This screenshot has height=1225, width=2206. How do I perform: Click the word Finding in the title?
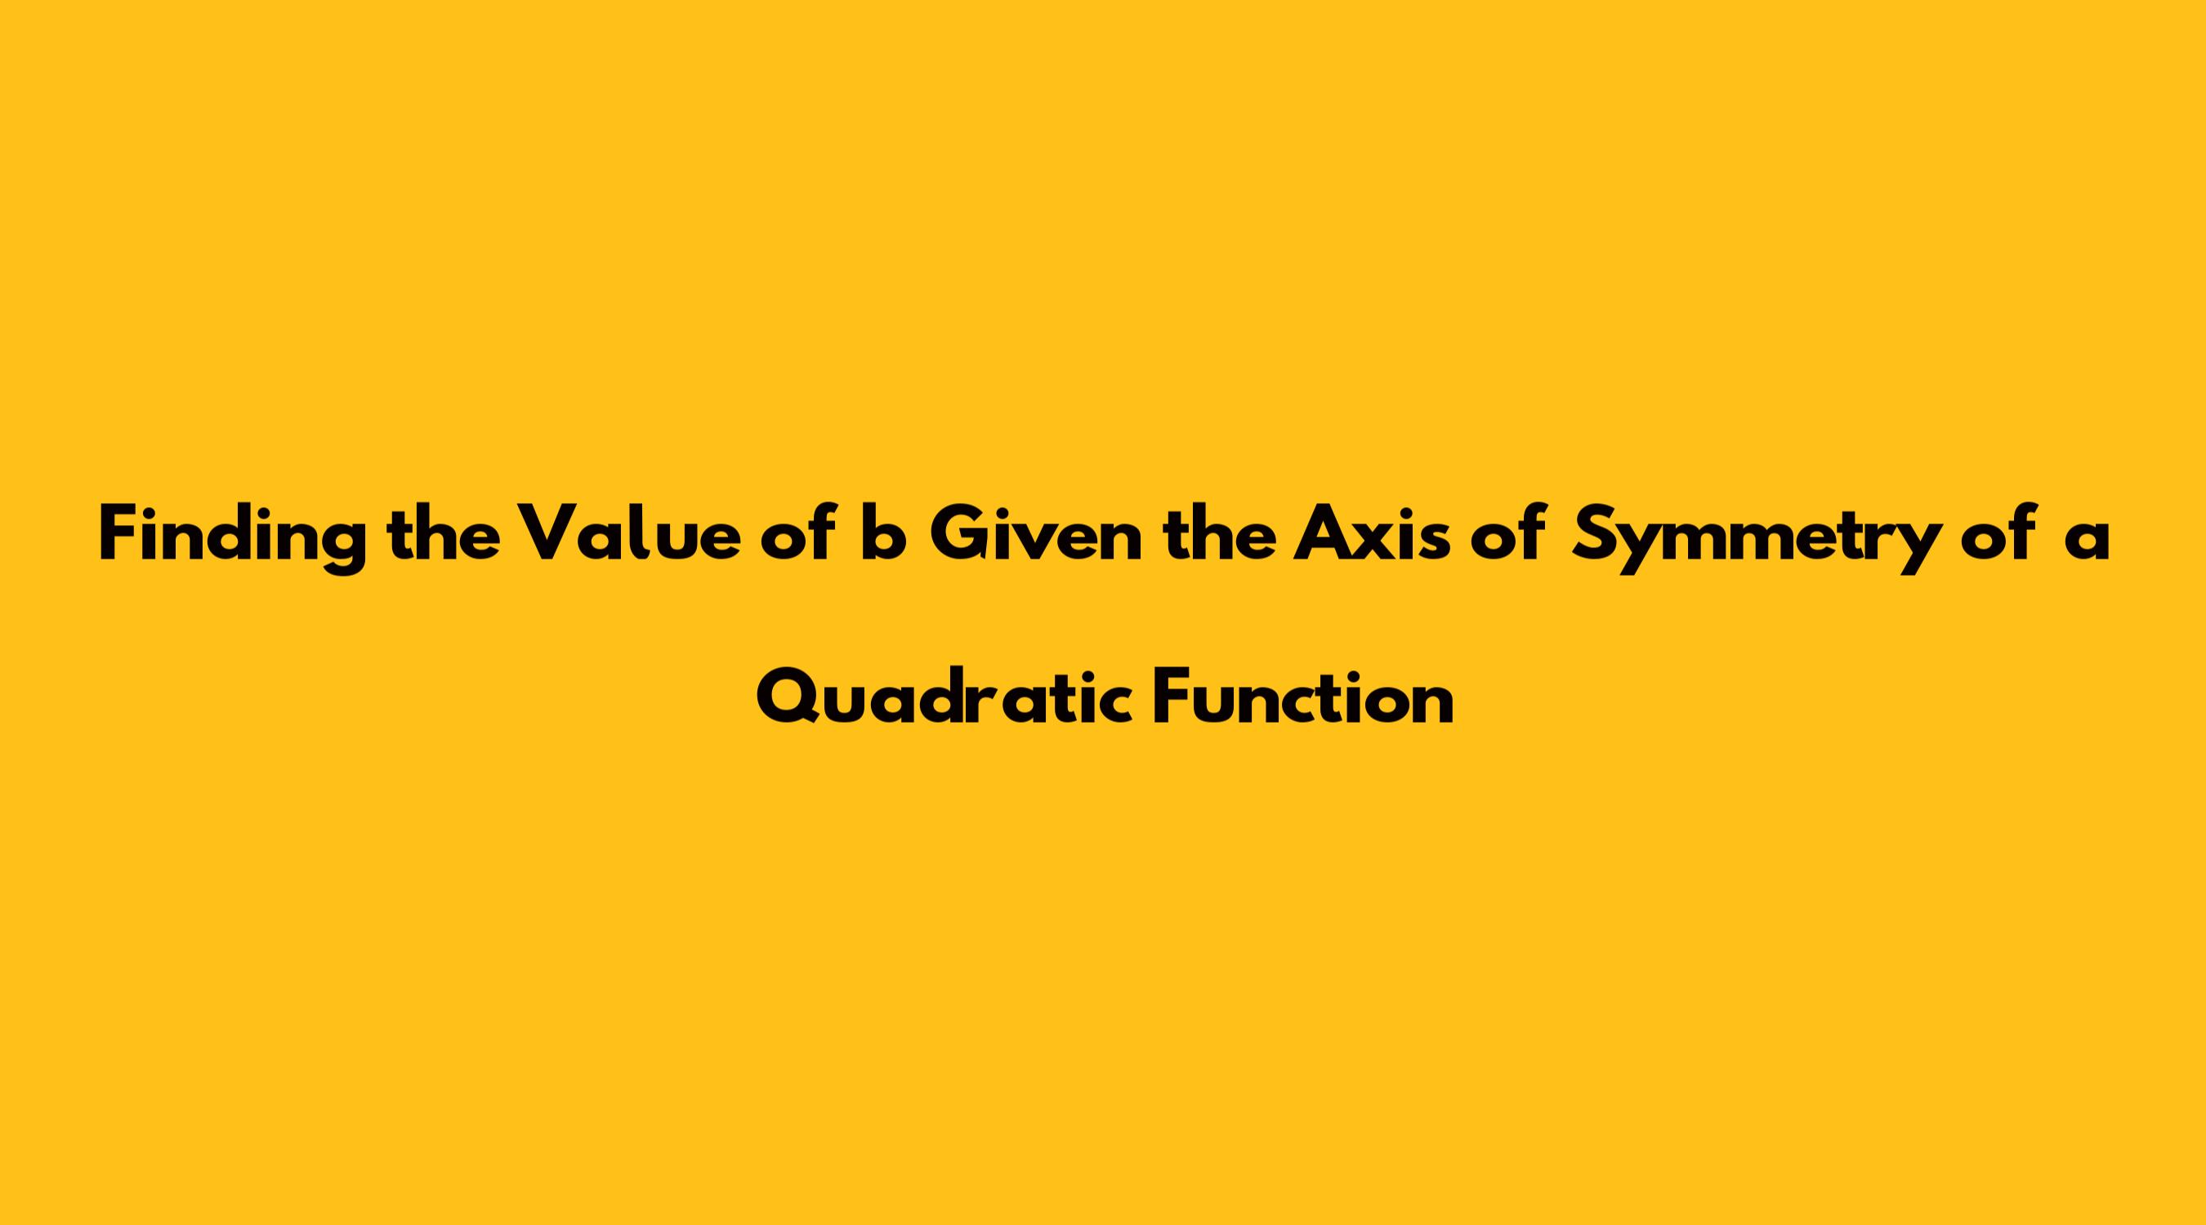(x=232, y=537)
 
